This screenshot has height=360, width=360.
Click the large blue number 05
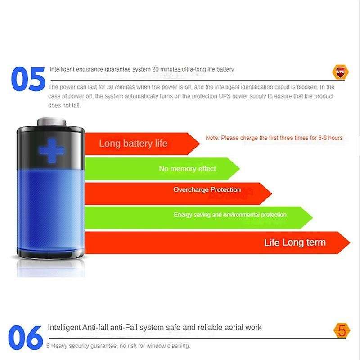(x=28, y=80)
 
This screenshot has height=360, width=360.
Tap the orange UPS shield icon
(x=339, y=72)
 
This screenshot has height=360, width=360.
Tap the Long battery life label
(x=133, y=144)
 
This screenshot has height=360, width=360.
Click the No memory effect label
(x=187, y=169)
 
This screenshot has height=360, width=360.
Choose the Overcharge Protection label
(x=207, y=190)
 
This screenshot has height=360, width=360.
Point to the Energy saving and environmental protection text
(x=230, y=215)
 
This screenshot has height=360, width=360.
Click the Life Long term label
(x=295, y=243)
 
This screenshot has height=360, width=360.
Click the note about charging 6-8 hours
(x=274, y=138)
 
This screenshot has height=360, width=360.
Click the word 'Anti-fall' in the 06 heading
(x=98, y=327)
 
